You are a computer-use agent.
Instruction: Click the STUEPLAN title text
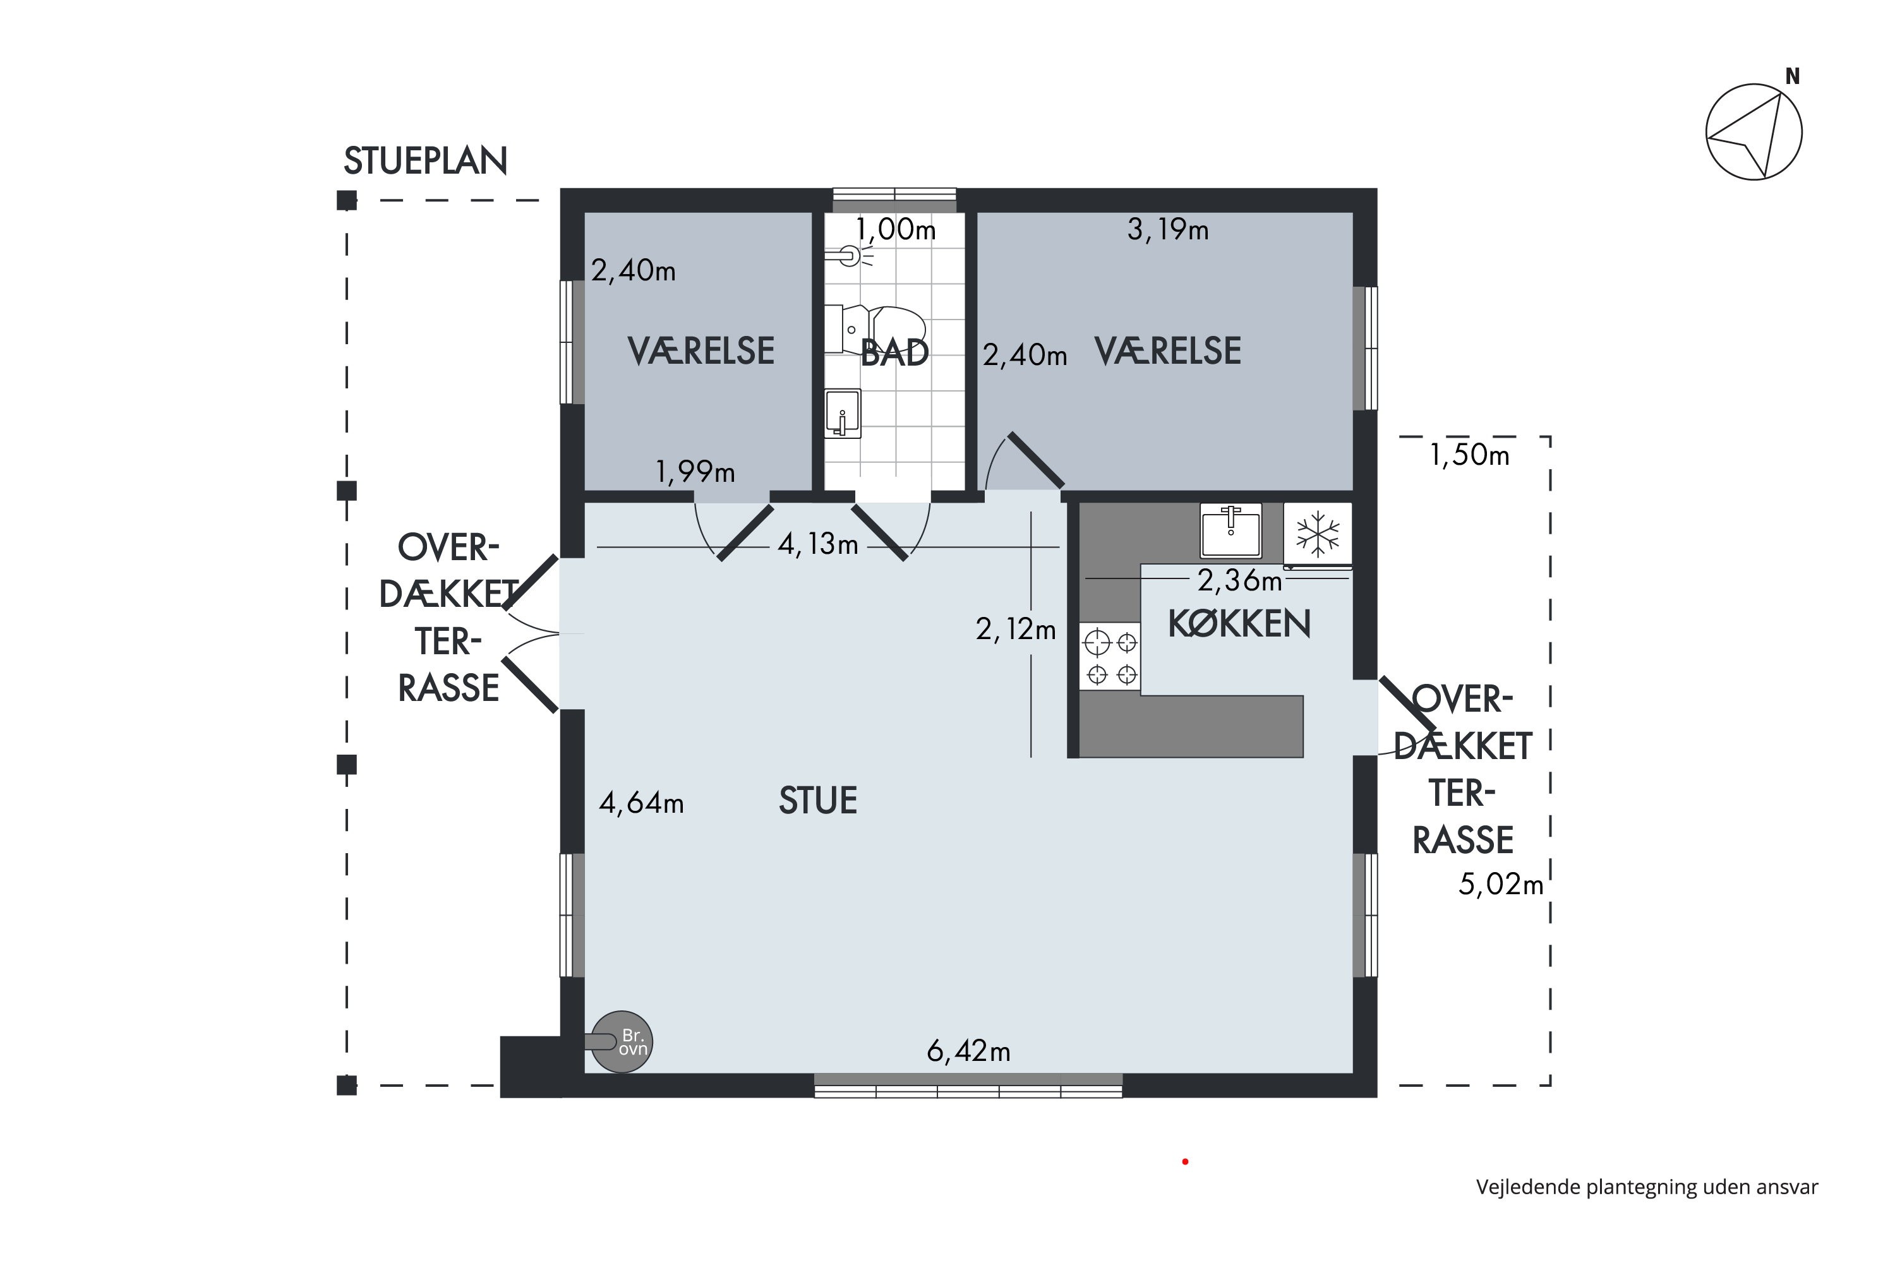pos(425,161)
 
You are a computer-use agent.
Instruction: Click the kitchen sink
pos(1230,531)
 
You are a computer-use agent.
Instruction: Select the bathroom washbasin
pos(843,413)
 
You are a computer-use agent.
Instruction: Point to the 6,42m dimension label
pos(968,1051)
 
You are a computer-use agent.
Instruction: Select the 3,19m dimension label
pos(1167,230)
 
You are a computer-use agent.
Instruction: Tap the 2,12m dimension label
pos(1015,629)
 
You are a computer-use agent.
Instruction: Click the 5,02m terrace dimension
pos(1500,885)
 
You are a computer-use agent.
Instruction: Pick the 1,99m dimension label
pos(695,472)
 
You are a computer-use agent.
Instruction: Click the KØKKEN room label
pos(1239,623)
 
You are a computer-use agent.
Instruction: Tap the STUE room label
pos(818,801)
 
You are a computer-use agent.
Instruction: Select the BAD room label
pos(894,353)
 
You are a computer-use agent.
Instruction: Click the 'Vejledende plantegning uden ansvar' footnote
pos(1647,1187)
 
